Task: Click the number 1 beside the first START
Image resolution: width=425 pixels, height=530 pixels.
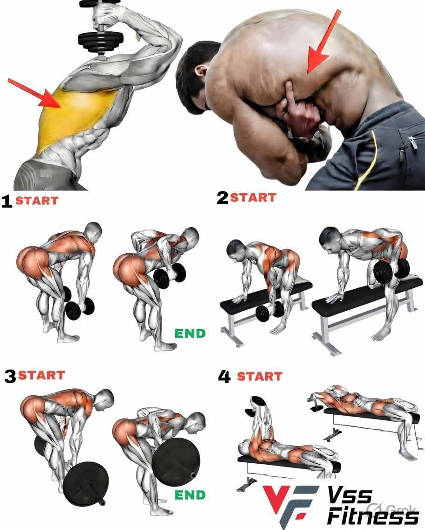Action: point(6,201)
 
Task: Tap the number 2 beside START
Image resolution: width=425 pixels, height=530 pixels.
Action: point(222,198)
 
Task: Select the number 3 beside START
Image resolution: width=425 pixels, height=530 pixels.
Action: point(10,377)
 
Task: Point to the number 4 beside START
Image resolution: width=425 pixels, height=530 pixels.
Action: point(224,377)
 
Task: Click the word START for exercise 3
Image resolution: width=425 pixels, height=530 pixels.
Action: point(41,375)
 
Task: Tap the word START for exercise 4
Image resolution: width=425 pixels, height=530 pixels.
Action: point(260,376)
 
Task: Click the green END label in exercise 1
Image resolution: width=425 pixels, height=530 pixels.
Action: point(190,333)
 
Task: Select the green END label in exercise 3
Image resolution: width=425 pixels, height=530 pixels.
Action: point(190,495)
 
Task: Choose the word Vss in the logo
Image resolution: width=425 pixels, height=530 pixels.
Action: point(350,496)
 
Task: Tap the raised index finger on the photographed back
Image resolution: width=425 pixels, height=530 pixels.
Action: point(289,96)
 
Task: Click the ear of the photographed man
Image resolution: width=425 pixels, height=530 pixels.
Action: point(200,72)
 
